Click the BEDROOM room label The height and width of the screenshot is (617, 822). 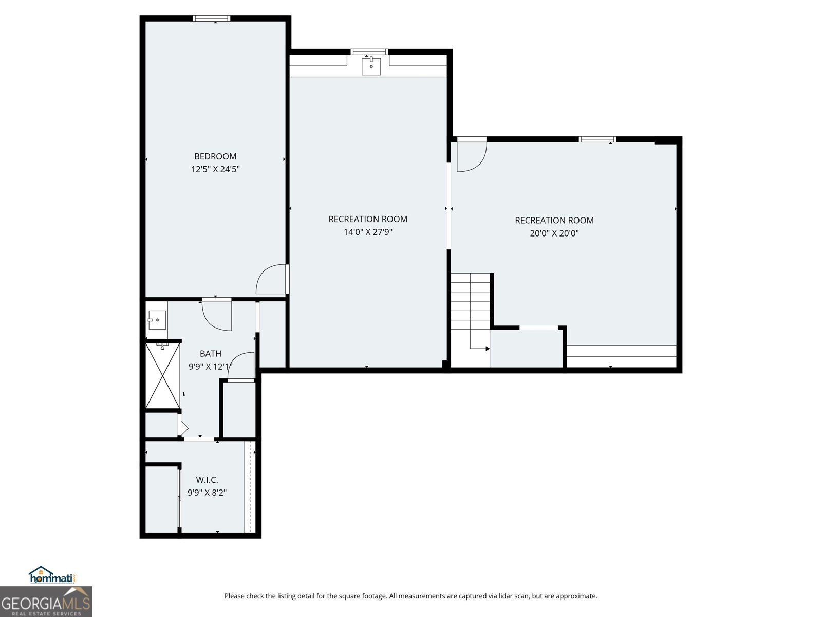pyautogui.click(x=215, y=156)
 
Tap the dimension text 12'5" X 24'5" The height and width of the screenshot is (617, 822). pyautogui.click(x=215, y=169)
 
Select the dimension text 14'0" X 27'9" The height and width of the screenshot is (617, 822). pyautogui.click(x=368, y=232)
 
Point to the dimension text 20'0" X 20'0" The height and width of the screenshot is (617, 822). pyautogui.click(x=554, y=233)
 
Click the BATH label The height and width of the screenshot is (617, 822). pyautogui.click(x=211, y=354)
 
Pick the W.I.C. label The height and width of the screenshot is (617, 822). pyautogui.click(x=207, y=480)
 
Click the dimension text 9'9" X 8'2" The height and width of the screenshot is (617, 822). pyautogui.click(x=207, y=493)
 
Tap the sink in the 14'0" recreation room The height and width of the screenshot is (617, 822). pyautogui.click(x=371, y=66)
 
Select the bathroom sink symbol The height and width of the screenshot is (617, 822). pyautogui.click(x=156, y=320)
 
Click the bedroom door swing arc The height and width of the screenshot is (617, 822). pyautogui.click(x=270, y=279)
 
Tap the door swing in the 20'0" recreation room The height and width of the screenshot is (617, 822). pyautogui.click(x=471, y=157)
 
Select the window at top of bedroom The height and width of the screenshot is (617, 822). pyautogui.click(x=211, y=19)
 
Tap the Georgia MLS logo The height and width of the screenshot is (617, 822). pyautogui.click(x=46, y=602)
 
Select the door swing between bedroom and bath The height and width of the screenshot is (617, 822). pyautogui.click(x=217, y=315)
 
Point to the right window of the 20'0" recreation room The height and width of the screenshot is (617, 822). pyautogui.click(x=597, y=139)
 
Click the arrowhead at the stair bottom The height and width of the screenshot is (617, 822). pyautogui.click(x=487, y=349)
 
